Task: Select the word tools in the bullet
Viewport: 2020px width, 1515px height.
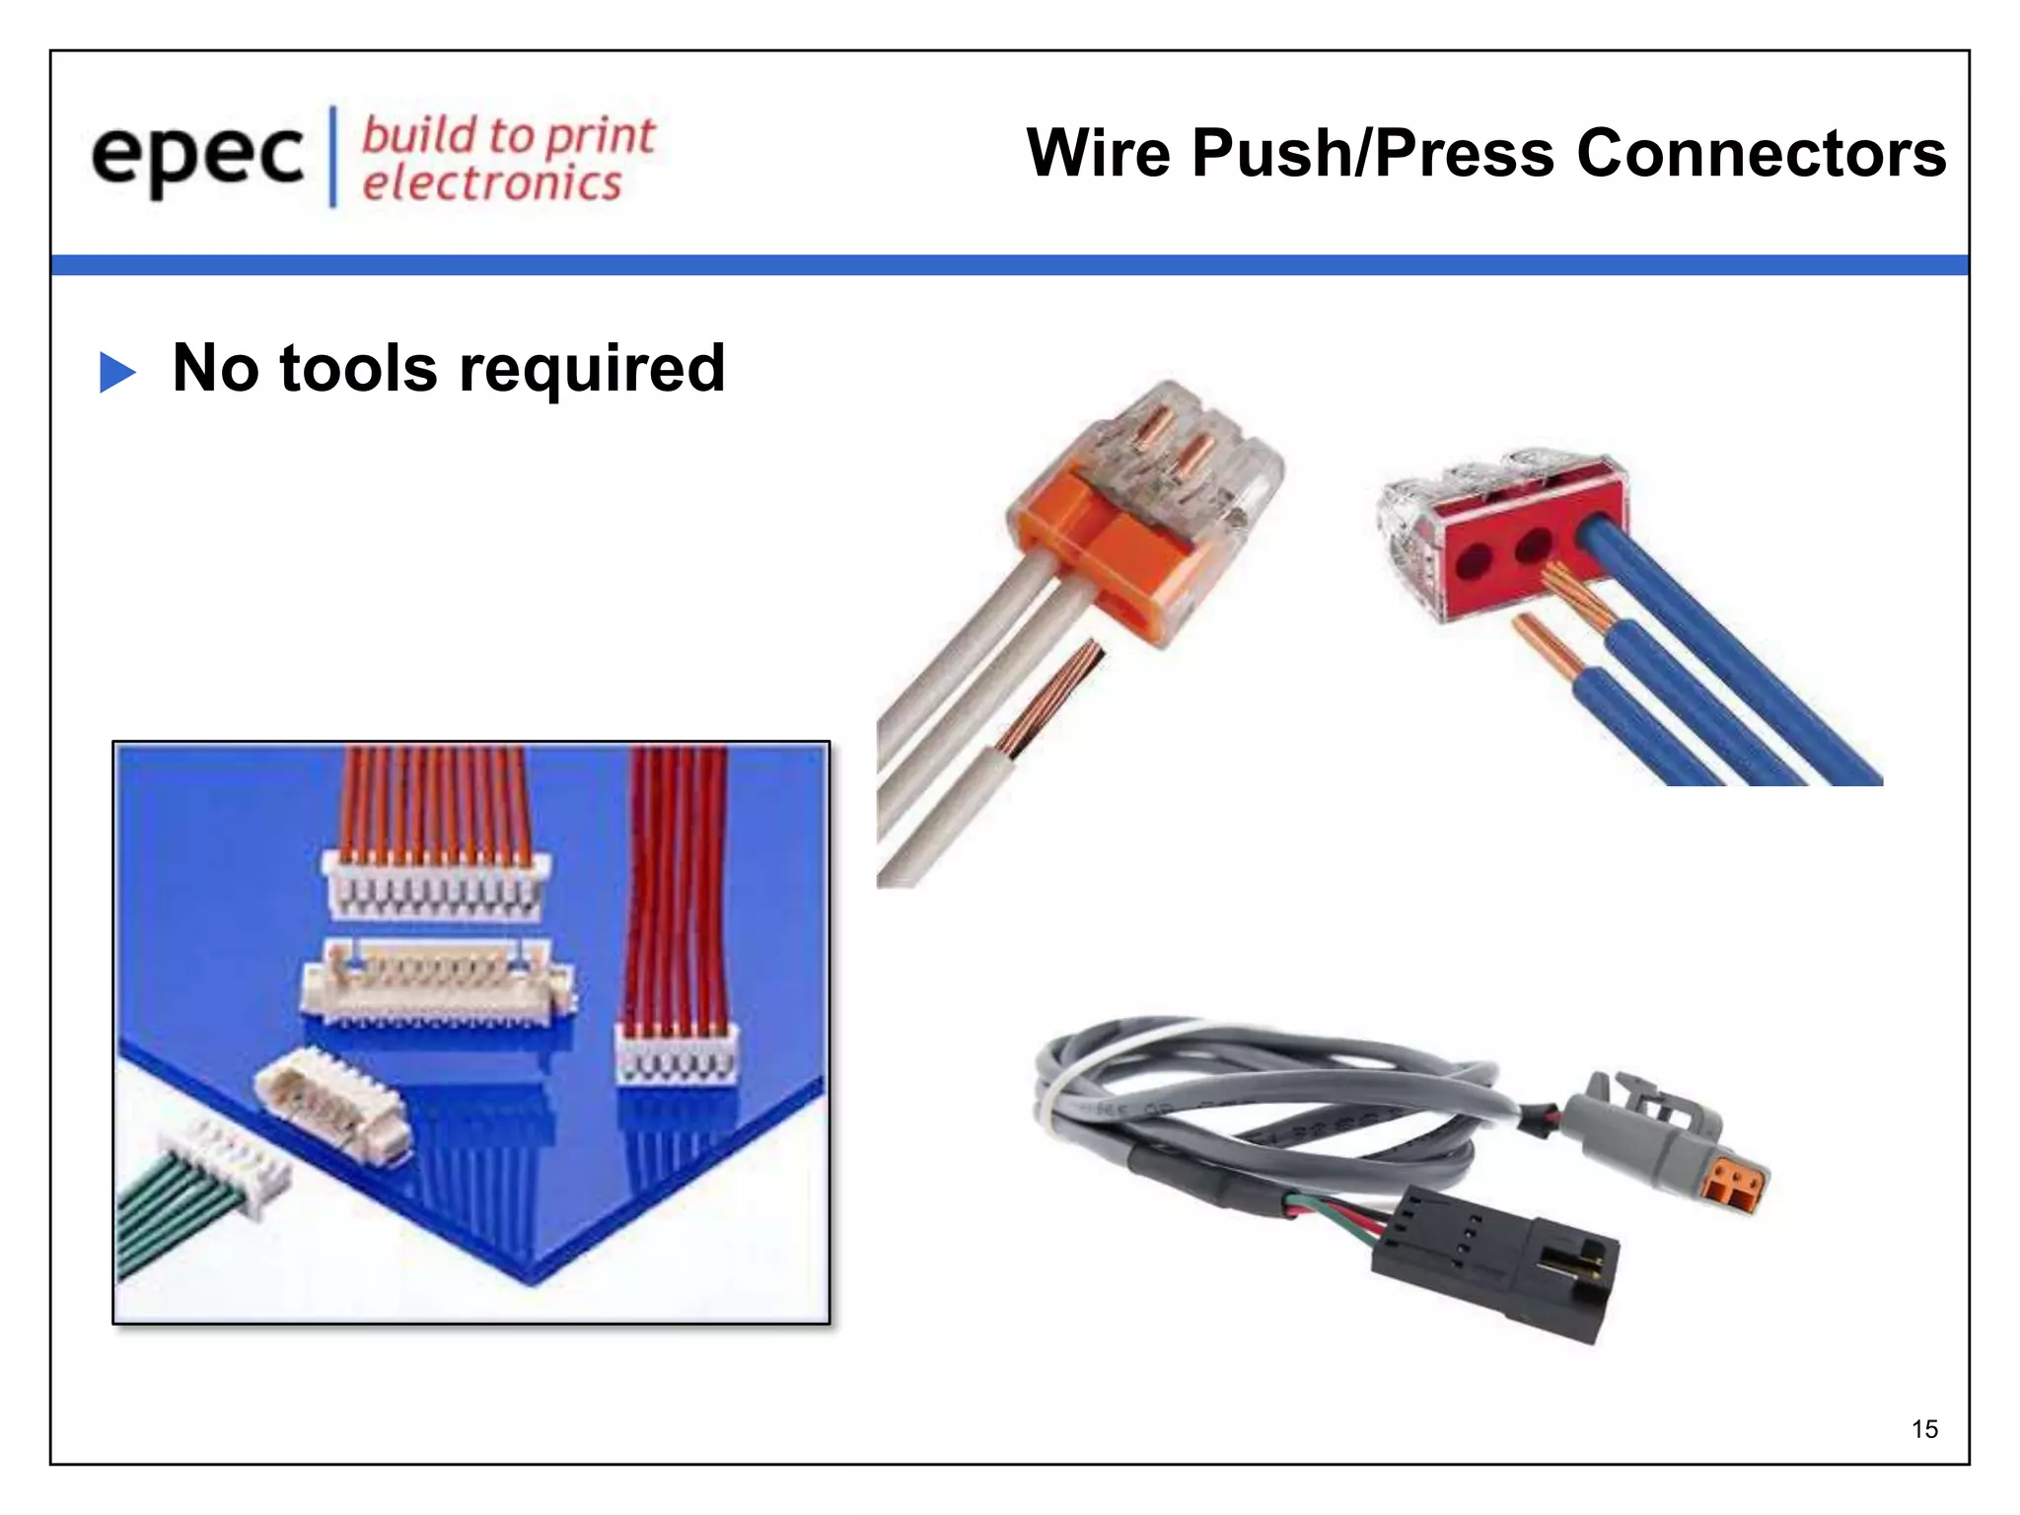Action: pos(358,368)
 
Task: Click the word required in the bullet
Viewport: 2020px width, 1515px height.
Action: pos(592,370)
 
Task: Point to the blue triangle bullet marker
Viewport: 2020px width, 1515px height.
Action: pos(117,373)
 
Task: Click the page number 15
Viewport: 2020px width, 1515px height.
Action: pos(1924,1429)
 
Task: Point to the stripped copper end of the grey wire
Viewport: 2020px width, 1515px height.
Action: pos(1050,695)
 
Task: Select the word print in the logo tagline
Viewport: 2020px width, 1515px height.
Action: pos(600,135)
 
